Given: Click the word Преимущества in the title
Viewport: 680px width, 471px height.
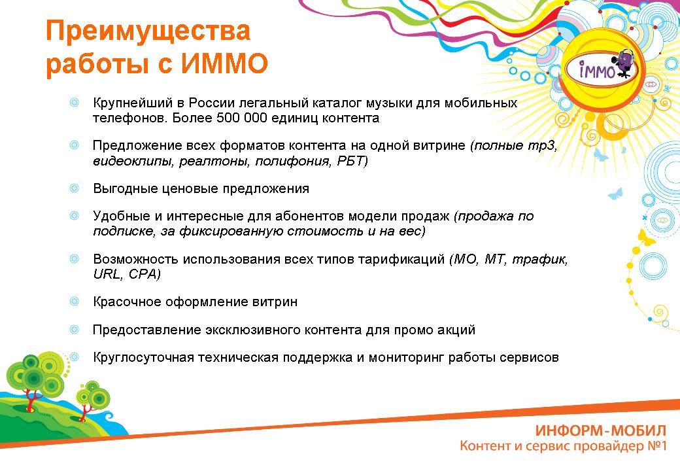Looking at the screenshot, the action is tap(148, 31).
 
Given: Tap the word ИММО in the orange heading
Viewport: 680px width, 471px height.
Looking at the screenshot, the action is tap(224, 63).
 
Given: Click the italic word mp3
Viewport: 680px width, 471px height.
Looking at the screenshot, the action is tap(541, 146).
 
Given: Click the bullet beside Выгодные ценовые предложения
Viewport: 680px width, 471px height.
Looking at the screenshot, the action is tap(75, 188).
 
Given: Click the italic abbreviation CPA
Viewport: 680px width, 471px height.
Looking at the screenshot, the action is tap(144, 274).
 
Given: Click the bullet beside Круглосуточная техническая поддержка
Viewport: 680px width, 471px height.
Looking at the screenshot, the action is tap(75, 357).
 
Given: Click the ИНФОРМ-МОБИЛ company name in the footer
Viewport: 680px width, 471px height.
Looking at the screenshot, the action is tap(601, 430).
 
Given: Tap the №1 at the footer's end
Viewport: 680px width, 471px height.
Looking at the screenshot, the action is tap(656, 445).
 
